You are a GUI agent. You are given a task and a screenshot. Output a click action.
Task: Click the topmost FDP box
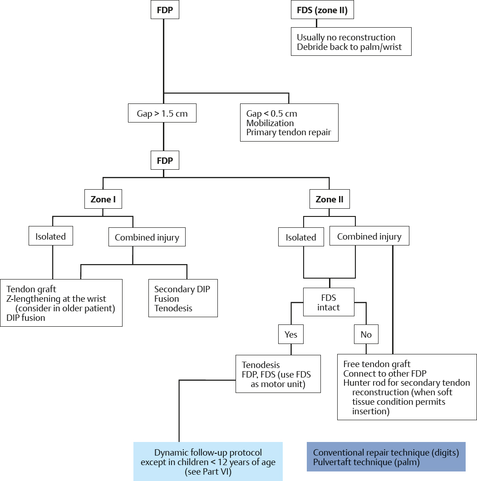[165, 10]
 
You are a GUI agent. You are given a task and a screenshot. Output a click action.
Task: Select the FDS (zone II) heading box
[322, 10]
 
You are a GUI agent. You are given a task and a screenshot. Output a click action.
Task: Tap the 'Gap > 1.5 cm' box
[162, 113]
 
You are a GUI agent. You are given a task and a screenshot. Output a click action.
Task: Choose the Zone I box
[103, 199]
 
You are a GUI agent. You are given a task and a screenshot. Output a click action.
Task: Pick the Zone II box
[329, 199]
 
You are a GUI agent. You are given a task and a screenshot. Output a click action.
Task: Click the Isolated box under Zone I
[50, 236]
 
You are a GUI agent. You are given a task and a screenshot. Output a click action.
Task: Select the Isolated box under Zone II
[300, 237]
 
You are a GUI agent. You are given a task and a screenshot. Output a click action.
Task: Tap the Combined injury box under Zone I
[147, 237]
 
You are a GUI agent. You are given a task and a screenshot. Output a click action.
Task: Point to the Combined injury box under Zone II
[369, 236]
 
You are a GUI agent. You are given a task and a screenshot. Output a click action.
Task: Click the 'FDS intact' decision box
[329, 302]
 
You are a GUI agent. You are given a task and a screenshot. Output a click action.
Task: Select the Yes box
[290, 334]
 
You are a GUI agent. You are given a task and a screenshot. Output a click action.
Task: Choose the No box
[366, 334]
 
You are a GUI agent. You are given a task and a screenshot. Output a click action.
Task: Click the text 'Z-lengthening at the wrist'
[56, 299]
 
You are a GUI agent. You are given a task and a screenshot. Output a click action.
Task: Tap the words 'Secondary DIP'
[182, 289]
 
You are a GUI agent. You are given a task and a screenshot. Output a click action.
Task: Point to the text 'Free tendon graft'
[377, 364]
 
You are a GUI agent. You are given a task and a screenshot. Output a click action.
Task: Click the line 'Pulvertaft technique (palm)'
[366, 462]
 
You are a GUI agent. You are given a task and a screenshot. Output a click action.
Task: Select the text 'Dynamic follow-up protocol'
[208, 453]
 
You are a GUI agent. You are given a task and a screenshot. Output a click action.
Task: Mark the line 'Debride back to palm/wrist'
[349, 47]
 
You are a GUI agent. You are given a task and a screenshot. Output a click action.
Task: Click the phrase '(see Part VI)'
[208, 472]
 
